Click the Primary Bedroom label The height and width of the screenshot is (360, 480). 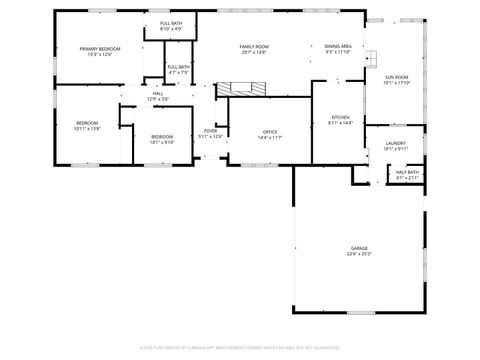(x=101, y=49)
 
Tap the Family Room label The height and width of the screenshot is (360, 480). (x=254, y=47)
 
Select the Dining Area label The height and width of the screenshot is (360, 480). (x=338, y=46)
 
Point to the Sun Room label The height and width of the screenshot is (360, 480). (x=397, y=77)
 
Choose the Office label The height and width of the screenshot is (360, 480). (x=270, y=131)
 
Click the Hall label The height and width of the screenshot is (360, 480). (x=158, y=93)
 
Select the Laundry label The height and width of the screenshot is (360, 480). (x=395, y=144)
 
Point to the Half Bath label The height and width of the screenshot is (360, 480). (x=407, y=172)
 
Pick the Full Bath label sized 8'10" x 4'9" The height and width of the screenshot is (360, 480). (x=171, y=23)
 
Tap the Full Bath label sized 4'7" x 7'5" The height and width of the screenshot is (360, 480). (x=179, y=67)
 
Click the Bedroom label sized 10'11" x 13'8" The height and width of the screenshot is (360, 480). (x=87, y=123)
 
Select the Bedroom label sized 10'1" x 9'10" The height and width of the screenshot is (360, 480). (x=162, y=136)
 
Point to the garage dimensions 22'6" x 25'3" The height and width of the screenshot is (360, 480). (x=359, y=254)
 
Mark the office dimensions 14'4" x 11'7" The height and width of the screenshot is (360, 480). (x=270, y=137)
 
